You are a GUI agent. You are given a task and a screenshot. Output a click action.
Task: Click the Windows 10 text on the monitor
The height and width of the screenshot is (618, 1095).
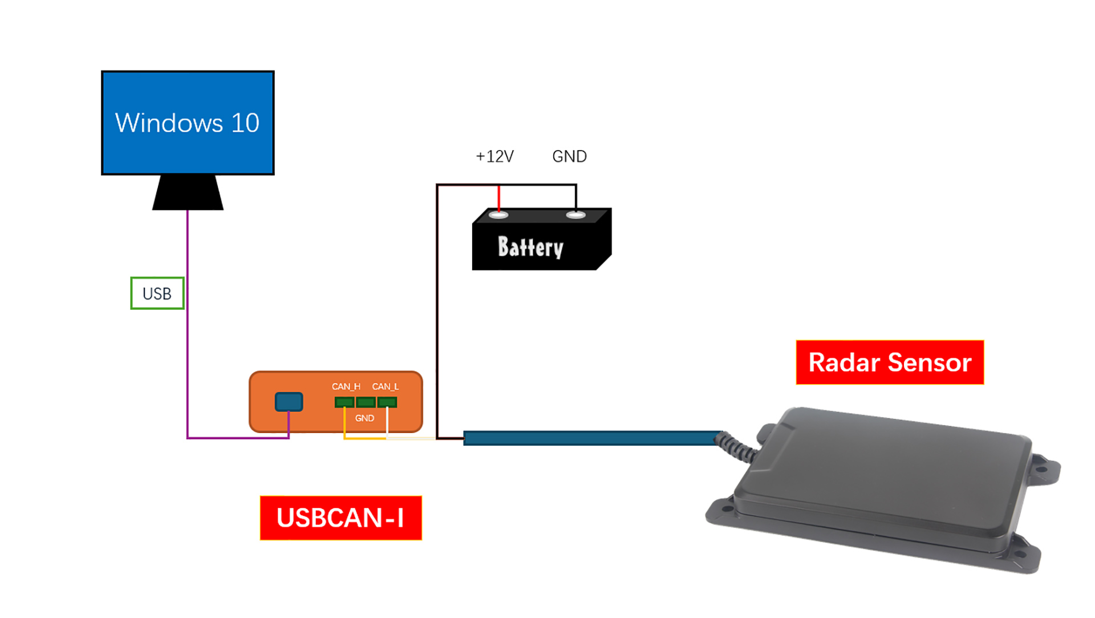coord(187,123)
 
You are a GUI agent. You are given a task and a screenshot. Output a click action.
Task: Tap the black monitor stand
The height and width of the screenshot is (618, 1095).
coord(188,192)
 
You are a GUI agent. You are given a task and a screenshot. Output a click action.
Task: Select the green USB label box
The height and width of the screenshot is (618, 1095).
coord(157,293)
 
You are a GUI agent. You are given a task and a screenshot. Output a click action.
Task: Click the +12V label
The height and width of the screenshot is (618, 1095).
coord(494,156)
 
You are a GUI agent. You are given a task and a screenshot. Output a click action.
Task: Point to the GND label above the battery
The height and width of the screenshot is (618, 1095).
coord(569,156)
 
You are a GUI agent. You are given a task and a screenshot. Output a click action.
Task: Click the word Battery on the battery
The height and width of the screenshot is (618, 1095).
coord(530,247)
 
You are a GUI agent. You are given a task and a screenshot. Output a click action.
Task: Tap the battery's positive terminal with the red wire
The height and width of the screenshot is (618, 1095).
coord(498,215)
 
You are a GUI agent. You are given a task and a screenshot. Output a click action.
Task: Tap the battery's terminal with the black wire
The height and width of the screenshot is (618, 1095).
coord(575,215)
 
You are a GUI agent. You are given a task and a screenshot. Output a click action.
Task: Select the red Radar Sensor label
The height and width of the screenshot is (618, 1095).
coord(890,362)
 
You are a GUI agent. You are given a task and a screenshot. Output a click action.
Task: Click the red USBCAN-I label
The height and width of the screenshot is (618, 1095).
coord(340,518)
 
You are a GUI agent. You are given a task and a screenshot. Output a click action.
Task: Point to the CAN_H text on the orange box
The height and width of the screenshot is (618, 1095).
coord(346,386)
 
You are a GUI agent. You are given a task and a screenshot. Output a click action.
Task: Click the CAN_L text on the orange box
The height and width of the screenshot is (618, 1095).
coord(386,386)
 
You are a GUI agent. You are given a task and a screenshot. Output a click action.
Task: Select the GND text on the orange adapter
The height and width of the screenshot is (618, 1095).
coord(364,418)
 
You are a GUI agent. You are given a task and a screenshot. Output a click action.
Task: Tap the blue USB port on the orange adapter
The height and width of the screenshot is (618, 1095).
coord(289,402)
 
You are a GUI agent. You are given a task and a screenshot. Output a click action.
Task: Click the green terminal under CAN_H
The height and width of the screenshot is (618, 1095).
coord(344,402)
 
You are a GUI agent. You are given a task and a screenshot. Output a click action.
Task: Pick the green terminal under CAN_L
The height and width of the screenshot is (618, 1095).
coord(387,402)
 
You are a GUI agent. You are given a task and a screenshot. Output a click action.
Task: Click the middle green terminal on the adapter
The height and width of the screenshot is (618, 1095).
coord(366,402)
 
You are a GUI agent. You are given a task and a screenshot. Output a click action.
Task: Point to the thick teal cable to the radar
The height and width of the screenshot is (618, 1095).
coord(593,438)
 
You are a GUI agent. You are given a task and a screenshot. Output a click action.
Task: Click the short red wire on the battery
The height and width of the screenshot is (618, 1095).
coord(499,199)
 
